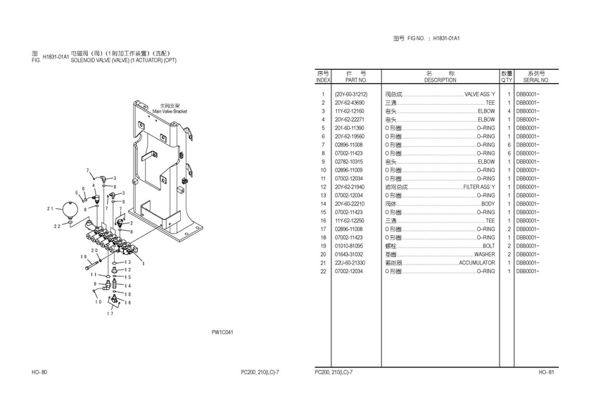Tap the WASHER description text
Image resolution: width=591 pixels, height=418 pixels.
pos(484,254)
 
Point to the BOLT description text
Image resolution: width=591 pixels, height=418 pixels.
pos(488,246)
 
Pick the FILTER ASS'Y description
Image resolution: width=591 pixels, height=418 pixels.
pos(479,187)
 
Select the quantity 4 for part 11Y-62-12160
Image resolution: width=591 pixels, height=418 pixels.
pos(508,111)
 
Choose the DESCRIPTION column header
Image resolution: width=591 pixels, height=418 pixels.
pos(440,80)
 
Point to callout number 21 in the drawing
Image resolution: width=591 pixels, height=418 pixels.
pos(50,209)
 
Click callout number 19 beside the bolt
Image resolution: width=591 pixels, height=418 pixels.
pos(84,258)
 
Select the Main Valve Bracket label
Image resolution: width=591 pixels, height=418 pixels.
pos(170,111)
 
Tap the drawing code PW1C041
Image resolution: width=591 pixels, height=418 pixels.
pos(222,332)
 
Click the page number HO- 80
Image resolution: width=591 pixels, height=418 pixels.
pos(39,372)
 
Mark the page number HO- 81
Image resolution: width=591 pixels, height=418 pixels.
pos(547,372)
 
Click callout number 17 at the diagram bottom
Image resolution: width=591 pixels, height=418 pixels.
pos(110,314)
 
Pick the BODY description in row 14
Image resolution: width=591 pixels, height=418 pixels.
pos(488,204)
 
